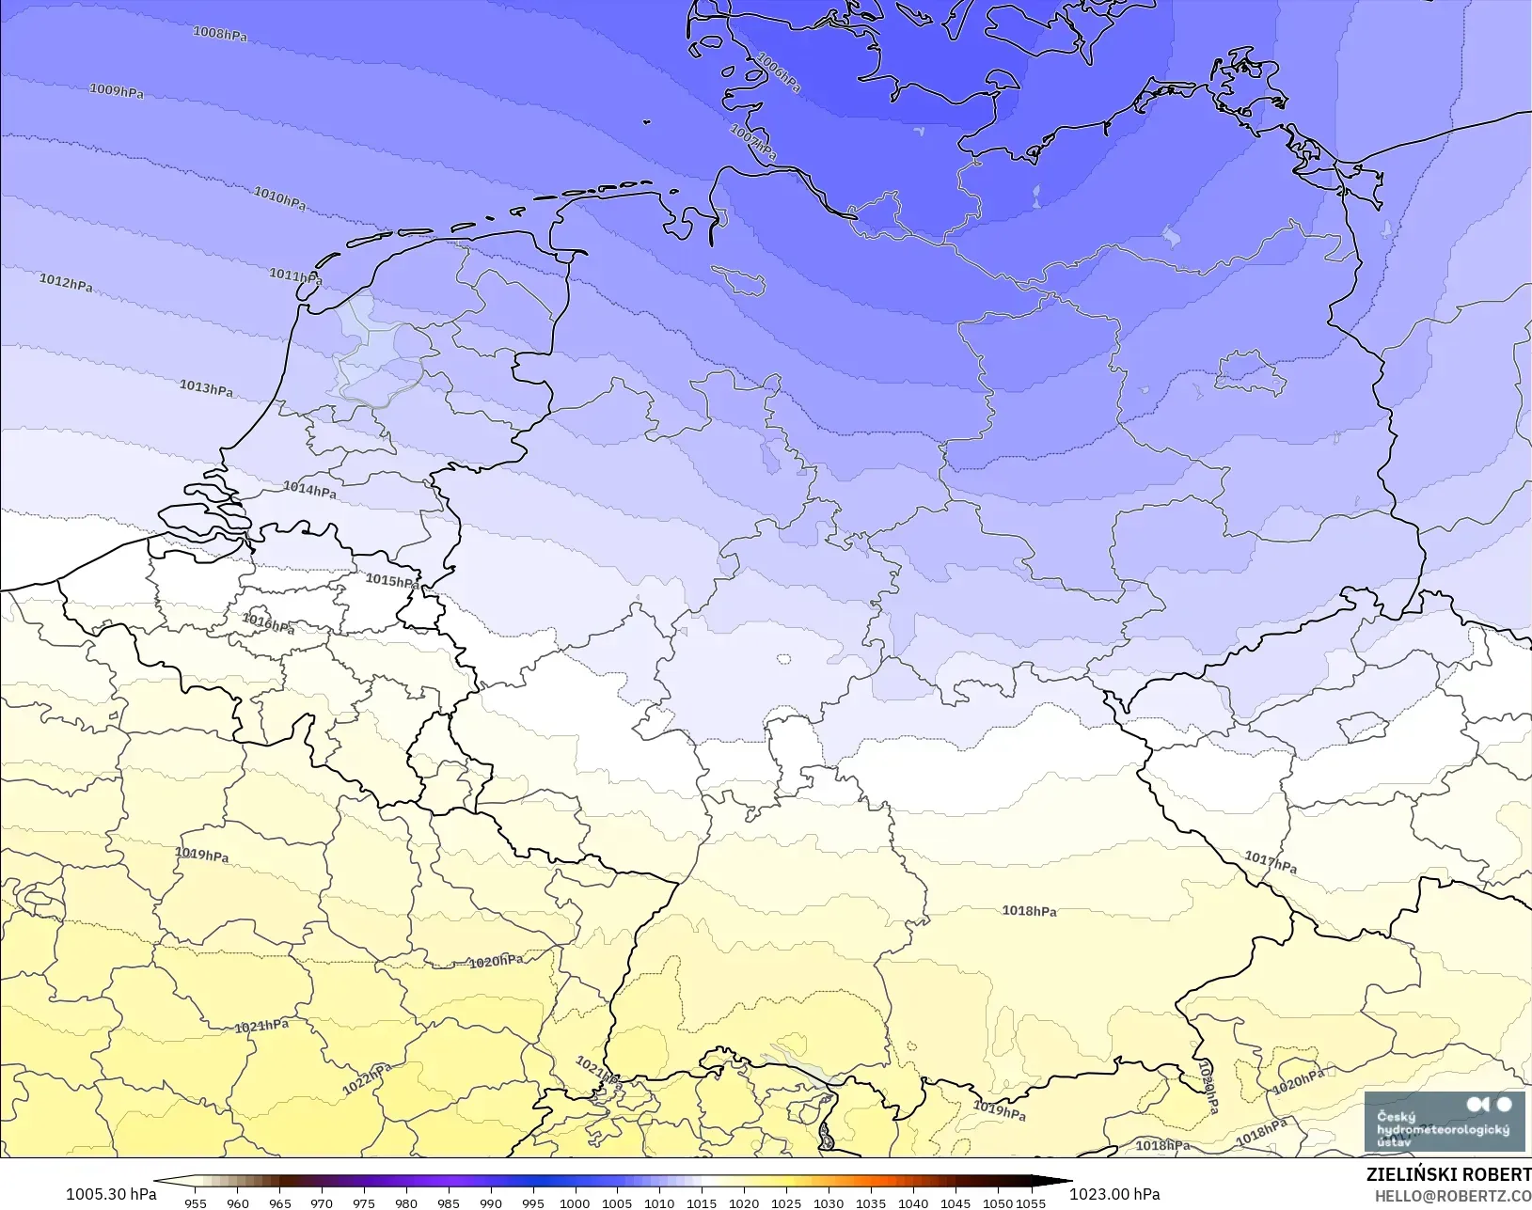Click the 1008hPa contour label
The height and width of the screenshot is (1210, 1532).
pyautogui.click(x=220, y=34)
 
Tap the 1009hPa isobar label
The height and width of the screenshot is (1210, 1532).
pyautogui.click(x=117, y=91)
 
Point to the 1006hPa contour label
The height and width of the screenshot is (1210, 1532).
pyautogui.click(x=779, y=72)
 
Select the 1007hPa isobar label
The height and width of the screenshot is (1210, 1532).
pyautogui.click(x=753, y=142)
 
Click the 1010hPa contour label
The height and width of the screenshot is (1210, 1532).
pyautogui.click(x=279, y=198)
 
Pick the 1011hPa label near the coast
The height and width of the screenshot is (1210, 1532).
pyautogui.click(x=295, y=276)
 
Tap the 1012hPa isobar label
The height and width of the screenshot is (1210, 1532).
pyautogui.click(x=66, y=282)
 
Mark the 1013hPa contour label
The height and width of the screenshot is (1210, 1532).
pyautogui.click(x=206, y=388)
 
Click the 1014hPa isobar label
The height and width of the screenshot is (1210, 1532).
pyautogui.click(x=309, y=490)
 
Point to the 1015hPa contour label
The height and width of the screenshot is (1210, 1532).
pyautogui.click(x=392, y=581)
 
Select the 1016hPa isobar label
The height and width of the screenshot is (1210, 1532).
pyautogui.click(x=268, y=623)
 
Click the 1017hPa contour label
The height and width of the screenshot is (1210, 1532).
pyautogui.click(x=1271, y=861)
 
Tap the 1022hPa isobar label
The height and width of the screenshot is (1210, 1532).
pyautogui.click(x=367, y=1079)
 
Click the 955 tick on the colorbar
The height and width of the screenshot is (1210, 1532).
pyautogui.click(x=196, y=1202)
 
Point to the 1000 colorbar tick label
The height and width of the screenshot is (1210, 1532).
pyautogui.click(x=575, y=1202)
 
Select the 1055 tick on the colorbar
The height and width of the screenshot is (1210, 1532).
pyautogui.click(x=1031, y=1202)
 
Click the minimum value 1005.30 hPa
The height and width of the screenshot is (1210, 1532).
pyautogui.click(x=111, y=1194)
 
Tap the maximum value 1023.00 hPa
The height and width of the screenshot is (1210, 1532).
pyautogui.click(x=1114, y=1194)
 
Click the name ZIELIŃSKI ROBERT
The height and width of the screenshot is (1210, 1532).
pyautogui.click(x=1448, y=1175)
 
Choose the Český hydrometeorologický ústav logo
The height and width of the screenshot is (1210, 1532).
pyautogui.click(x=1444, y=1121)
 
